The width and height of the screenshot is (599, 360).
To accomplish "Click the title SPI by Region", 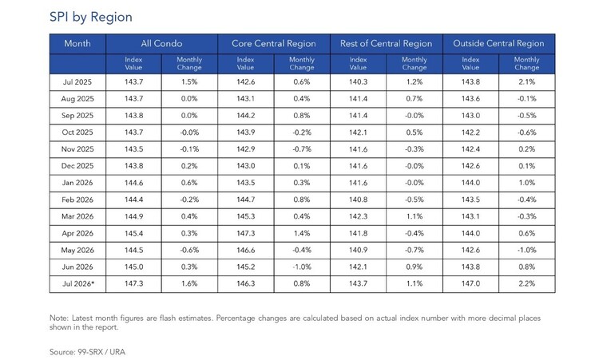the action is click(x=91, y=18).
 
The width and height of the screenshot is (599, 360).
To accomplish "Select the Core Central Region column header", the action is click(x=273, y=44).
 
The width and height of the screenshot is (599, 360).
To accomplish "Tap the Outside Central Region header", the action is click(x=498, y=44).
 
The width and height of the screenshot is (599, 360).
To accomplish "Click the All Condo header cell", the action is click(x=161, y=44).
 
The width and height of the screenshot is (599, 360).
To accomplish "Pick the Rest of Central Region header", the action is click(x=387, y=44).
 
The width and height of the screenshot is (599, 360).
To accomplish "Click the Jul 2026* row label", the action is click(x=78, y=283).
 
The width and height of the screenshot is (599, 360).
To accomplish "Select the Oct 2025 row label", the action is click(x=77, y=133).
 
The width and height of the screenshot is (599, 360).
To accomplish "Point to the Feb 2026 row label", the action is click(x=77, y=200).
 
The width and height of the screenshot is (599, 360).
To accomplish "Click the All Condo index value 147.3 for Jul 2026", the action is click(x=133, y=283).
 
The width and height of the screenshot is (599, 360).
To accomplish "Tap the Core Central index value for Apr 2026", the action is click(x=246, y=233).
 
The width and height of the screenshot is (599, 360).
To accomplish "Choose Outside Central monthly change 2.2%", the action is click(x=527, y=283).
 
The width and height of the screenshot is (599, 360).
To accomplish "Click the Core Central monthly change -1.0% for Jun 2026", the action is click(x=302, y=267).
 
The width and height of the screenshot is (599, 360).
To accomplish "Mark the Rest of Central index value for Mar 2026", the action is click(x=358, y=216).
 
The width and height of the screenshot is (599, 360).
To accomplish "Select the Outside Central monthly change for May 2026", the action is click(x=527, y=250).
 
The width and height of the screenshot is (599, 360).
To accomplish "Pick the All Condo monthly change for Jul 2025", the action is click(x=189, y=82).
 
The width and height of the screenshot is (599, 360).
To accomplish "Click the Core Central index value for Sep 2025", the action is click(x=246, y=116).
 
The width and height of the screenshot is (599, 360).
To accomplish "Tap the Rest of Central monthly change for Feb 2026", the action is click(x=415, y=200).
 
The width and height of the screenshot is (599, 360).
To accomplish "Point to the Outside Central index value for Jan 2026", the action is click(x=470, y=183).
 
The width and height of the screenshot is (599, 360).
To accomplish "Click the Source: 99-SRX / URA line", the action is click(x=88, y=352).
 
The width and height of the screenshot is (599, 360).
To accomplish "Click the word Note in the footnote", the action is click(x=59, y=318).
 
